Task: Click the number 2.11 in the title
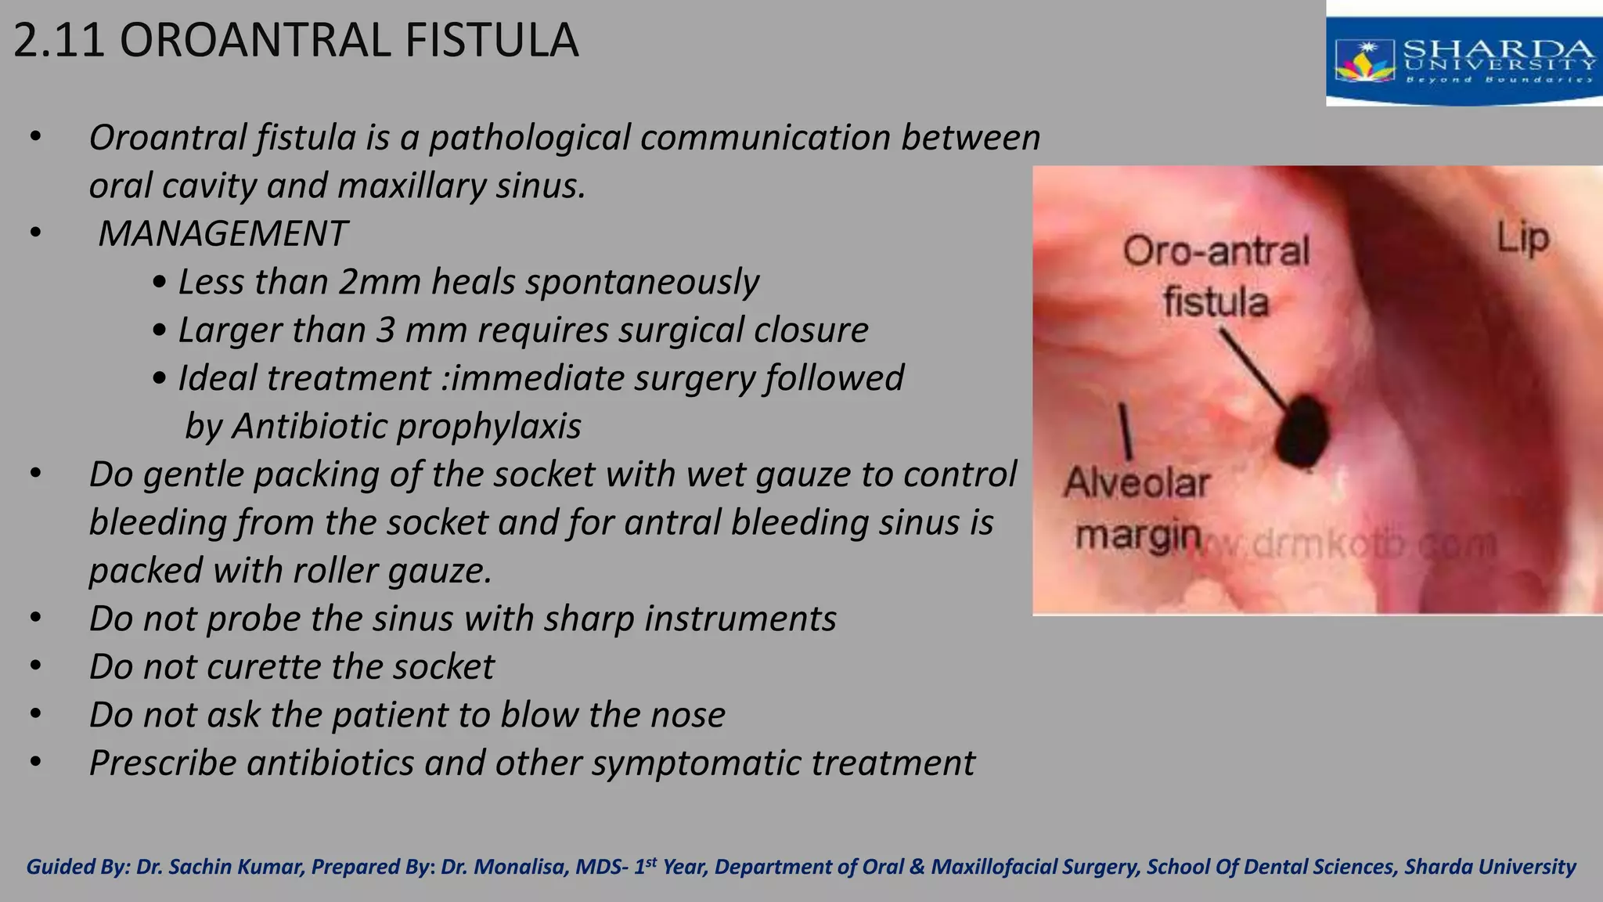tap(59, 41)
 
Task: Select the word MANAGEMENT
tap(222, 233)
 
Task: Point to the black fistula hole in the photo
tap(1302, 432)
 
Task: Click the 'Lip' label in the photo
tap(1522, 238)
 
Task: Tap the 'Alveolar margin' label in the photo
tap(1137, 509)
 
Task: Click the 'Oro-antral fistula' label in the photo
tap(1216, 276)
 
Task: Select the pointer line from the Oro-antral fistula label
tap(1253, 370)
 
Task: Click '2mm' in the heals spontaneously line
tap(380, 282)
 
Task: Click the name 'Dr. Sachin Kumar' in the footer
tap(219, 867)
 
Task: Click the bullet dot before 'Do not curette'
tap(35, 666)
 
